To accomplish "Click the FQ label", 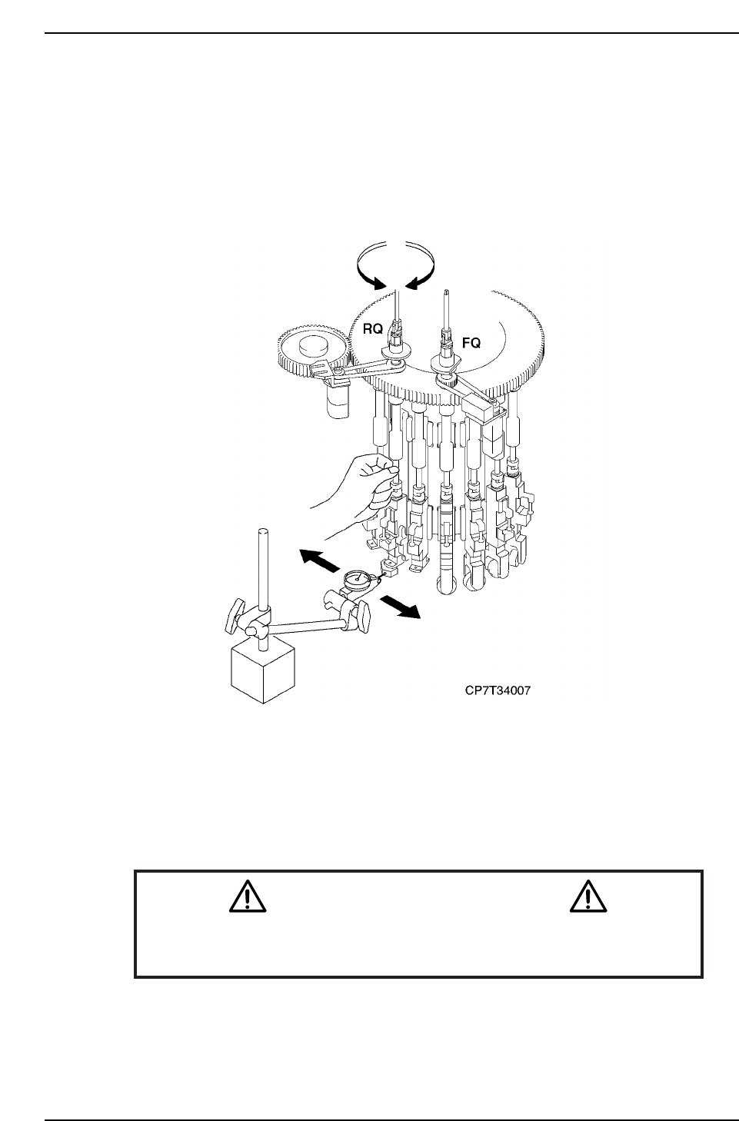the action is [x=470, y=344].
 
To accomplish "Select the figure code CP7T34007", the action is [x=498, y=690].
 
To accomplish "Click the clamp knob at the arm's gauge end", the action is [x=361, y=613].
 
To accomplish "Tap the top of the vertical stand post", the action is [x=263, y=532].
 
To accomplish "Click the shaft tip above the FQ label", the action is [x=446, y=294].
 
